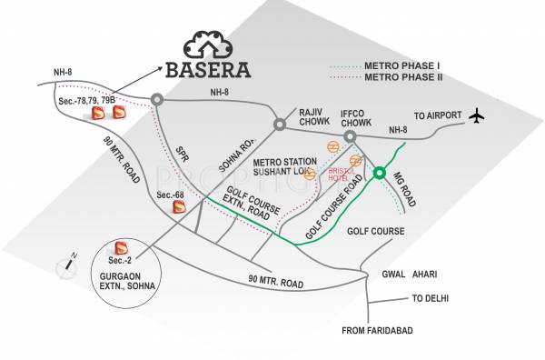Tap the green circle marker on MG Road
click(x=380, y=174)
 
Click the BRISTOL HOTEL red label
click(x=341, y=173)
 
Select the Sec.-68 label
click(x=170, y=195)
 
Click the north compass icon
click(x=66, y=264)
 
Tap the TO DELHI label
click(x=431, y=298)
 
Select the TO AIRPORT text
click(x=438, y=116)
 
